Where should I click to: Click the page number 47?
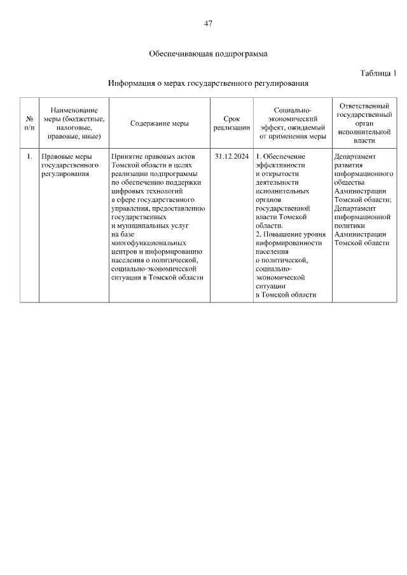[208, 24]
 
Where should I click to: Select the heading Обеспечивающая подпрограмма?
[208, 54]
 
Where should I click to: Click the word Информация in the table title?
[130, 83]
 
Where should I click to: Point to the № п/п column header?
[29, 123]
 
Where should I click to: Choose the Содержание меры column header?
[160, 124]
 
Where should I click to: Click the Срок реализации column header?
[231, 123]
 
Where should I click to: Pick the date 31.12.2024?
[231, 156]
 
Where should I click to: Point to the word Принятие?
[125, 156]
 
